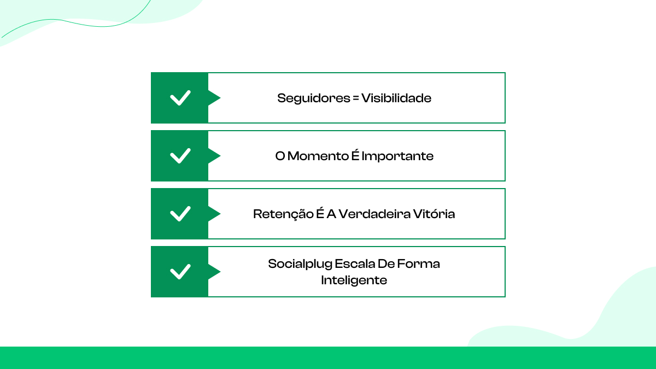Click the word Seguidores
[x=310, y=98]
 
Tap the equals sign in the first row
[x=355, y=98]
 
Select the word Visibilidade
[x=396, y=98]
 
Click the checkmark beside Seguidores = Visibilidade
[x=180, y=98]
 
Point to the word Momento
[x=318, y=156]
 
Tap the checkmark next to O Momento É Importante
[x=180, y=156]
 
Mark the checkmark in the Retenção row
[x=180, y=214]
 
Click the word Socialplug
[x=299, y=264]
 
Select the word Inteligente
[x=354, y=280]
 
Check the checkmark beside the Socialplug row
[x=180, y=272]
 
